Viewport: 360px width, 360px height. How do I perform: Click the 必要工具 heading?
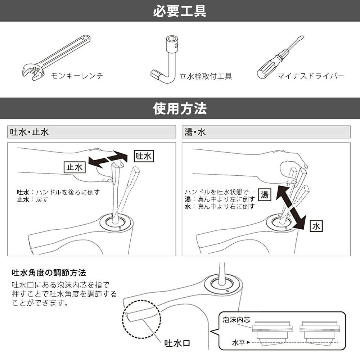tap(180, 11)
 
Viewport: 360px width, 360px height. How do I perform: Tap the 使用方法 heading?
tap(180, 108)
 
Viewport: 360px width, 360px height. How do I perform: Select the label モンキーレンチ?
tap(77, 76)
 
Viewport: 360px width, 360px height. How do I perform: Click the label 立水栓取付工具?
tap(206, 76)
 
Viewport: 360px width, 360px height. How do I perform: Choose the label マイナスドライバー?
tap(311, 76)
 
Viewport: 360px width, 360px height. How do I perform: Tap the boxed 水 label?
tap(316, 226)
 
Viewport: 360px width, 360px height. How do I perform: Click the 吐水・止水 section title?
tap(29, 132)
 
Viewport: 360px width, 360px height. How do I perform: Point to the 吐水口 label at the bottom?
tap(177, 343)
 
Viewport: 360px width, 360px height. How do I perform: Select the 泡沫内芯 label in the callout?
tap(234, 319)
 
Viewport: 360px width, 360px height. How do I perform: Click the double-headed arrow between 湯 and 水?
tap(291, 207)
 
